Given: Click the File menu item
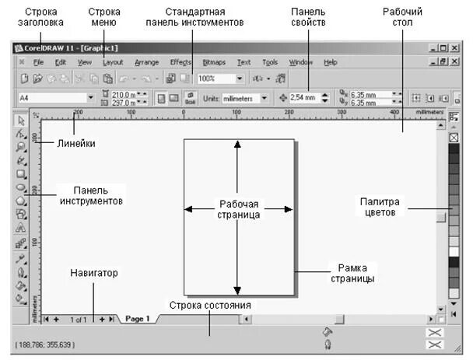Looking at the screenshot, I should (38, 61).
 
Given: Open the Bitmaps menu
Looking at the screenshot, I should (213, 61).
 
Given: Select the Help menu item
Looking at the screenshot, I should (330, 61).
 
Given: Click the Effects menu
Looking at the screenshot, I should (180, 61).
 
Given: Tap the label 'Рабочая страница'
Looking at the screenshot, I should (238, 208).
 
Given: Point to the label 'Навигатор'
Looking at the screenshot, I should (93, 273).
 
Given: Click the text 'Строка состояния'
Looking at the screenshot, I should (209, 305).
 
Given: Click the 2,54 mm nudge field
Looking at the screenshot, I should (303, 99).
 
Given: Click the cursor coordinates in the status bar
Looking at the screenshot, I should (44, 344).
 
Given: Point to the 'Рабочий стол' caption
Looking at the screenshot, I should (402, 18).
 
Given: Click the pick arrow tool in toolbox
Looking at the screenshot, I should (22, 121).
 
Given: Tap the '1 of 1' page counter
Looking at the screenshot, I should (79, 319).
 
